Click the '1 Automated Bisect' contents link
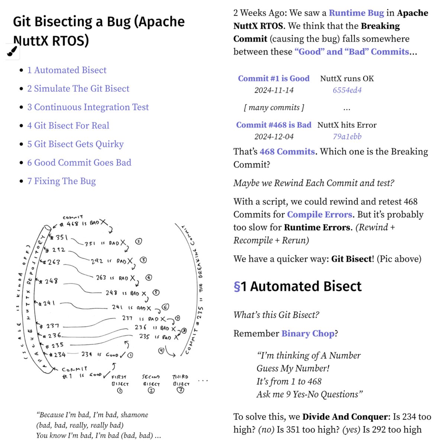pyautogui.click(x=67, y=70)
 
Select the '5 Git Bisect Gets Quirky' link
pyautogui.click(x=75, y=144)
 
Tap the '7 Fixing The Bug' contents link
pyautogui.click(x=61, y=181)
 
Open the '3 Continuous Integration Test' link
pyautogui.click(x=88, y=107)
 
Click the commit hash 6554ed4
pyautogui.click(x=347, y=90)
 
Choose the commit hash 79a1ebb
pyautogui.click(x=347, y=137)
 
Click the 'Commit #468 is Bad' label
pyautogui.click(x=274, y=125)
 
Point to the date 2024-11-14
pyautogui.click(x=274, y=90)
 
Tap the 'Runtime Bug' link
pyautogui.click(x=356, y=13)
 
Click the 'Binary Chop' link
pyautogui.click(x=308, y=333)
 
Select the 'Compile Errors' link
pyautogui.click(x=320, y=214)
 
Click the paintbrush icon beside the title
pyautogui.click(x=12, y=52)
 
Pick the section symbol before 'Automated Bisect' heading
pyautogui.click(x=237, y=287)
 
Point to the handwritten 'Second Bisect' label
pyautogui.click(x=151, y=381)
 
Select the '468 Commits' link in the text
pyautogui.click(x=287, y=152)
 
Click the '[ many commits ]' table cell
pyautogui.click(x=274, y=108)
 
